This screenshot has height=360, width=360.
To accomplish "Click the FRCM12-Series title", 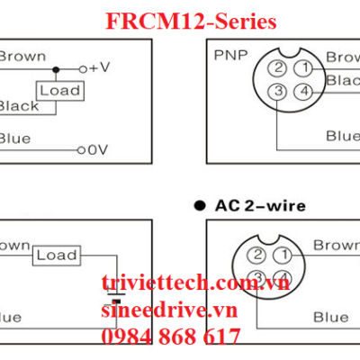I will point(190,20).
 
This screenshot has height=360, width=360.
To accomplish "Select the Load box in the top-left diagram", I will point(59,90).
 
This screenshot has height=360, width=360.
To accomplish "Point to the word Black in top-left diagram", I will point(18,106).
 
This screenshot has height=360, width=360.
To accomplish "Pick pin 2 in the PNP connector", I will point(280,68).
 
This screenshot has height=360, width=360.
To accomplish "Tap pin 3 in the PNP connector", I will point(280,91).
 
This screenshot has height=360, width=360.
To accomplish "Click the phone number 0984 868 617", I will point(171,337).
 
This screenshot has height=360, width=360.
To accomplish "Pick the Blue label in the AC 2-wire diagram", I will point(330,317).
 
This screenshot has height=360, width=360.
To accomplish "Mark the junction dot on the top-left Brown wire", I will point(56,68).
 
